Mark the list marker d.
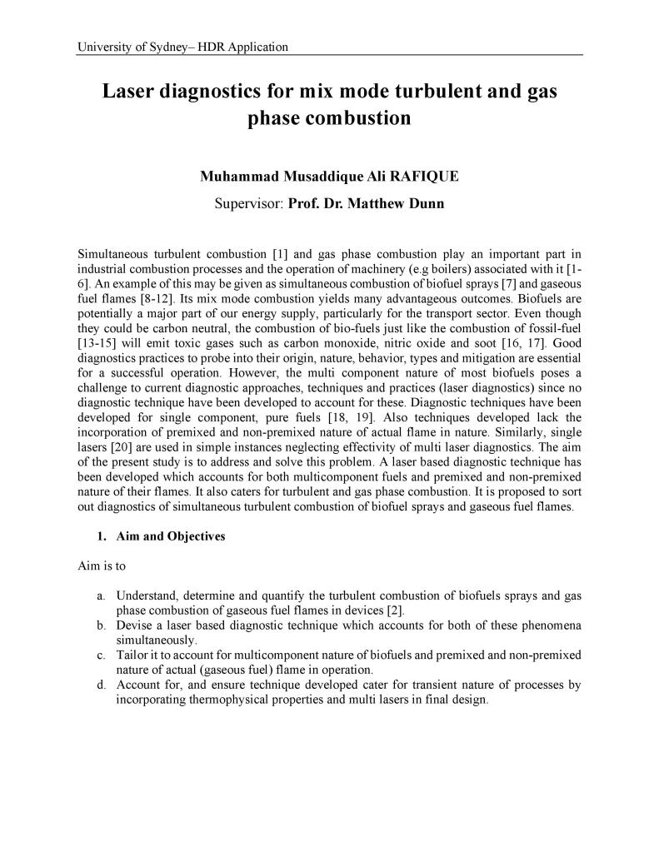coord(100,685)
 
